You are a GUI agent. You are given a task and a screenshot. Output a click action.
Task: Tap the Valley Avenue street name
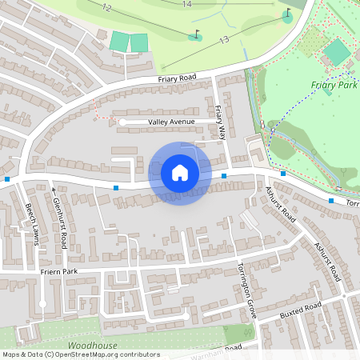point(172,122)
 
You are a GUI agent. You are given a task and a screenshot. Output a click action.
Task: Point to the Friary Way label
point(222,122)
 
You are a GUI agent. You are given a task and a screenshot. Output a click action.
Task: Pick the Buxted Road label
point(300,311)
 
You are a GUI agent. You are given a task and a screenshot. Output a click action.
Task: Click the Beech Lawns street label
point(31,225)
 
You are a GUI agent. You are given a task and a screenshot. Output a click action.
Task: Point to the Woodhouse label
point(92,346)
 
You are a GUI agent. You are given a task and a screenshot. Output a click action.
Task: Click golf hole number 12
point(106,7)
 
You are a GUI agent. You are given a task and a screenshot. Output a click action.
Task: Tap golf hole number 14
point(186,4)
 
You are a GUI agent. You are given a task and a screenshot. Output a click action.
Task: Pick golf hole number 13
point(224,39)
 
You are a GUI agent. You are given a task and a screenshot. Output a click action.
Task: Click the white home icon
point(180,173)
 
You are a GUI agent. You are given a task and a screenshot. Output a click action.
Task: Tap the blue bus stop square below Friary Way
point(224,175)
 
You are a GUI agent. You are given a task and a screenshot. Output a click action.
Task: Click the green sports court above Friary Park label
point(337,53)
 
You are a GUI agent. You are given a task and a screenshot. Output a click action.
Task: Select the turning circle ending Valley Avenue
point(122,122)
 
